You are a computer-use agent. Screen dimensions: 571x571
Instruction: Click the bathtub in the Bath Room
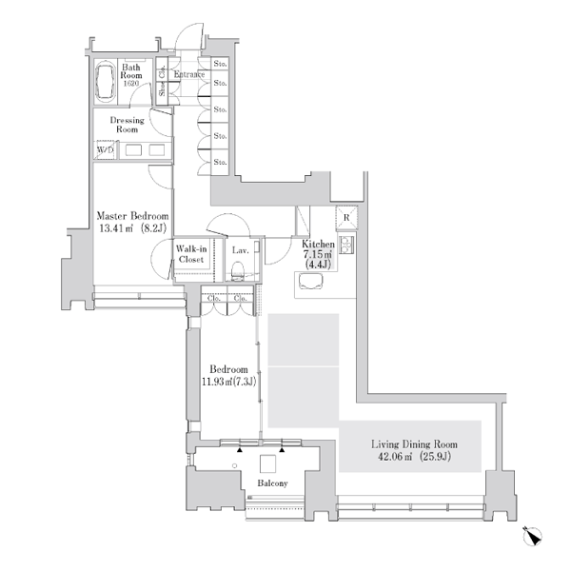[106, 82]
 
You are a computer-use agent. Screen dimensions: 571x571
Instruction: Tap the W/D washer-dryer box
[106, 149]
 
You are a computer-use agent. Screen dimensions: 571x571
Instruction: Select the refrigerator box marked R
[346, 217]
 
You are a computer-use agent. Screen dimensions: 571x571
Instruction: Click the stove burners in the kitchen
[346, 245]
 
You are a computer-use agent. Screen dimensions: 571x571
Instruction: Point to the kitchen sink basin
[310, 281]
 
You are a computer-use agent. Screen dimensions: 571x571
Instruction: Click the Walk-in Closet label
[191, 254]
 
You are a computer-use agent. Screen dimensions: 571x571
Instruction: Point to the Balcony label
[272, 483]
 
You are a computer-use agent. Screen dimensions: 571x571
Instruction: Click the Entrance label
[189, 74]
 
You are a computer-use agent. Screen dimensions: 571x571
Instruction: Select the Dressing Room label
[128, 125]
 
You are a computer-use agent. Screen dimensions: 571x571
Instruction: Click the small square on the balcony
[267, 463]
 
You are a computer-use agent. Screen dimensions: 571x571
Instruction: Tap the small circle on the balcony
[234, 465]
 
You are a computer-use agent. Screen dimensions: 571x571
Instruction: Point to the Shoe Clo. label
[162, 81]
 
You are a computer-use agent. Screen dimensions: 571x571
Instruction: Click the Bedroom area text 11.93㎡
[217, 382]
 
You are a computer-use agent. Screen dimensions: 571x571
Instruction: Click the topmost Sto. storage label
[220, 64]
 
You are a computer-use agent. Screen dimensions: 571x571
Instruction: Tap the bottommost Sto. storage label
[220, 162]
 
